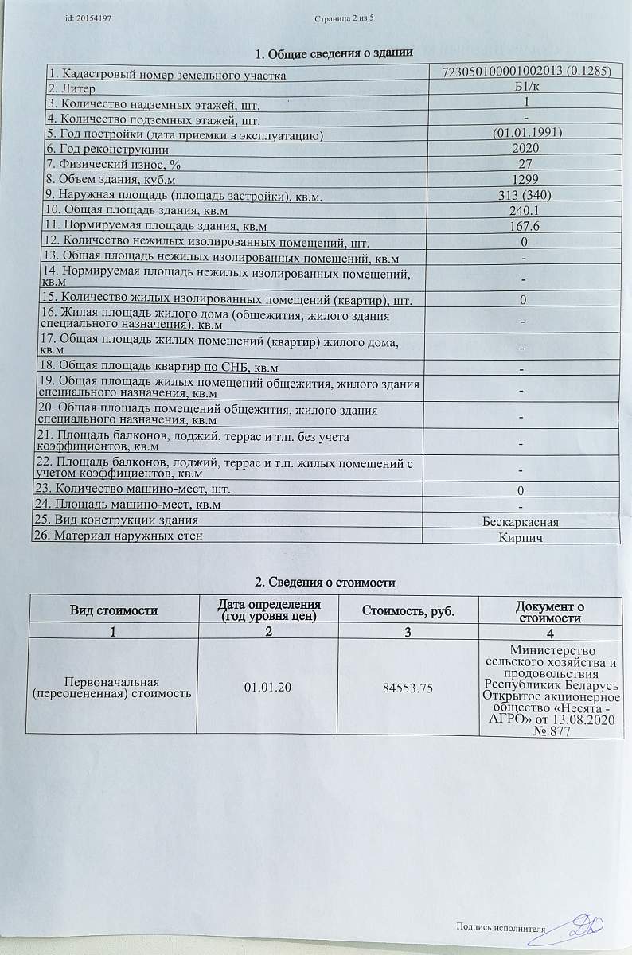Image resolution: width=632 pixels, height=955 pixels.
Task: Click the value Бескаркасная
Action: [521, 522]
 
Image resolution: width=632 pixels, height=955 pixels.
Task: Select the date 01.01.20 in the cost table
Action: [267, 688]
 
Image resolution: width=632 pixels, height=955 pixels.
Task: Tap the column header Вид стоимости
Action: [113, 610]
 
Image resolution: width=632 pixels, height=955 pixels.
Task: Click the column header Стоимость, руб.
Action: [408, 610]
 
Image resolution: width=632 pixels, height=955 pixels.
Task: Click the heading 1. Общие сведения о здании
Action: [333, 54]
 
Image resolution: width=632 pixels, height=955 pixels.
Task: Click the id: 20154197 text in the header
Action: [88, 18]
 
